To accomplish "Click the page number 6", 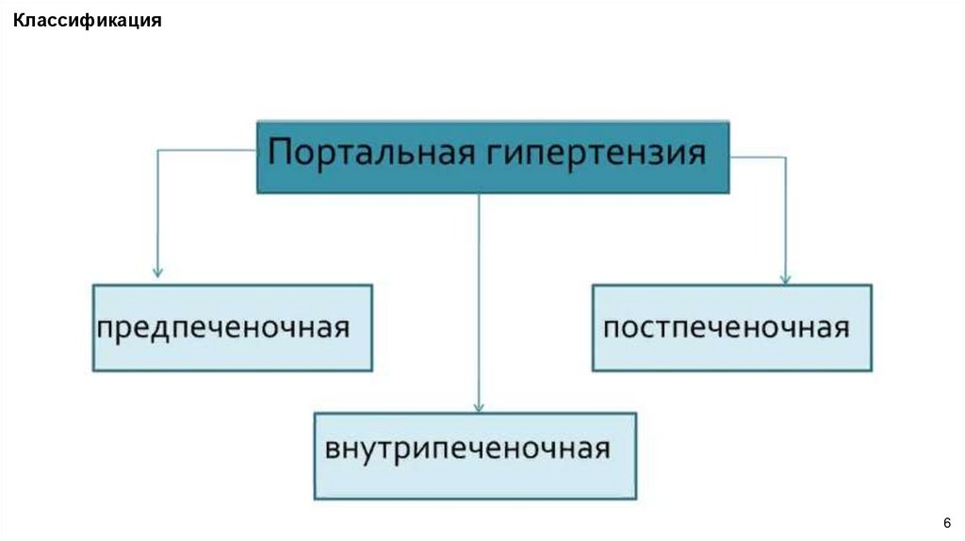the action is pos(945,523).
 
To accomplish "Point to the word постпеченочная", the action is pos(726,328).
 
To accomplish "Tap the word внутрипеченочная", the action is pos(467,447).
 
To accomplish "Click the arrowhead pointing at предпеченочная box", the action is pos(157,271).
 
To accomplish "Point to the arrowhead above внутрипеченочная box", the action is pos(480,406).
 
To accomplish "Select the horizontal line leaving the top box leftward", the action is pos(207,148).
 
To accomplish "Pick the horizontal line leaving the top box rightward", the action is pos(758,157).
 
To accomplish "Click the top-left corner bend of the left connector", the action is pos(157,148).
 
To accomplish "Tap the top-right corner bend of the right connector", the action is pos(785,157).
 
